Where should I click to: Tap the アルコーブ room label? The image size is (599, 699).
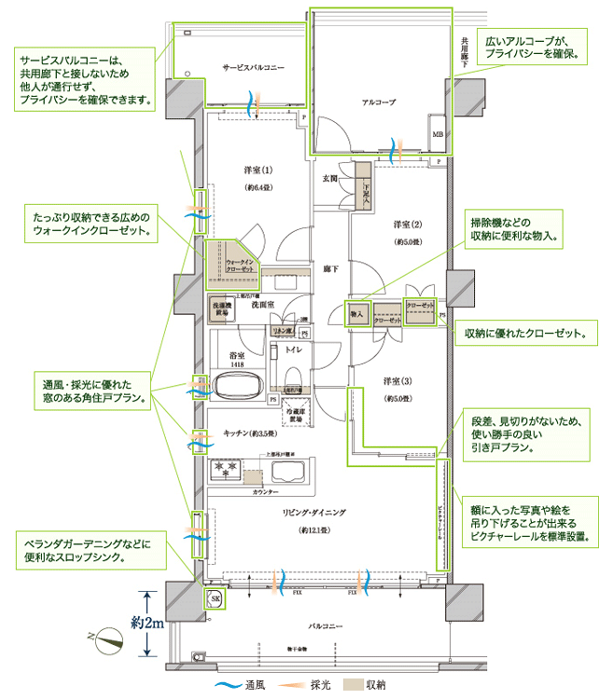pyautogui.click(x=380, y=101)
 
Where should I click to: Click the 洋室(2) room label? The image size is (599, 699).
pyautogui.click(x=407, y=225)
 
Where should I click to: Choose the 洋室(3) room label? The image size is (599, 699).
pyautogui.click(x=397, y=381)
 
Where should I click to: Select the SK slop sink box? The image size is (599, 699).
pyautogui.click(x=216, y=597)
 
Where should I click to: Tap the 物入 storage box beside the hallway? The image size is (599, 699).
pyautogui.click(x=356, y=315)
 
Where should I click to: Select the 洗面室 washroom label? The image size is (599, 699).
pyautogui.click(x=262, y=305)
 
